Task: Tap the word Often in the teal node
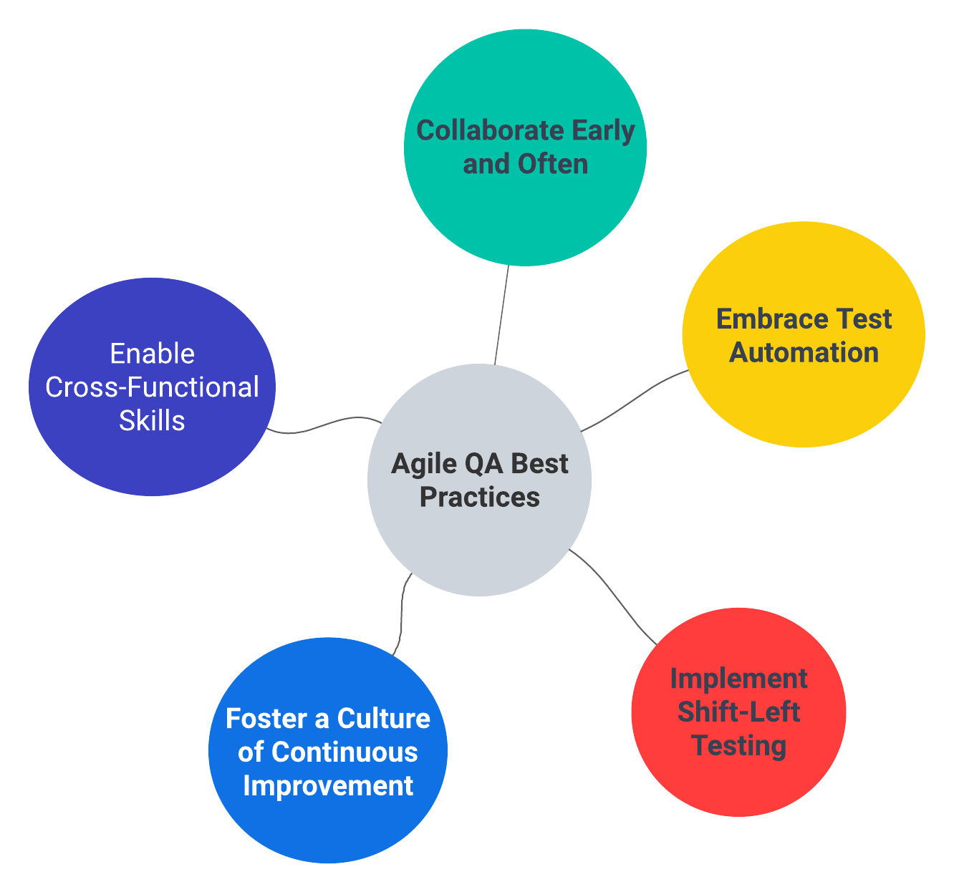[x=553, y=164]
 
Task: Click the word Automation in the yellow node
[x=804, y=352]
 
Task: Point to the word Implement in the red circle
[x=738, y=679]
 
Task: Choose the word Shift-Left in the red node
[x=738, y=712]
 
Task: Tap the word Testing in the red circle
[x=738, y=745]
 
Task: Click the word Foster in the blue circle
[x=263, y=719]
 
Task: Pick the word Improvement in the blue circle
[x=328, y=785]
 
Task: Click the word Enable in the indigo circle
[x=152, y=354]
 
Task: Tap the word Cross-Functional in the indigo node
[x=152, y=387]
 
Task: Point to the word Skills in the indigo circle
[x=152, y=420]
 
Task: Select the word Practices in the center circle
[x=479, y=497]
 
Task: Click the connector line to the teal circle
[x=501, y=315]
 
